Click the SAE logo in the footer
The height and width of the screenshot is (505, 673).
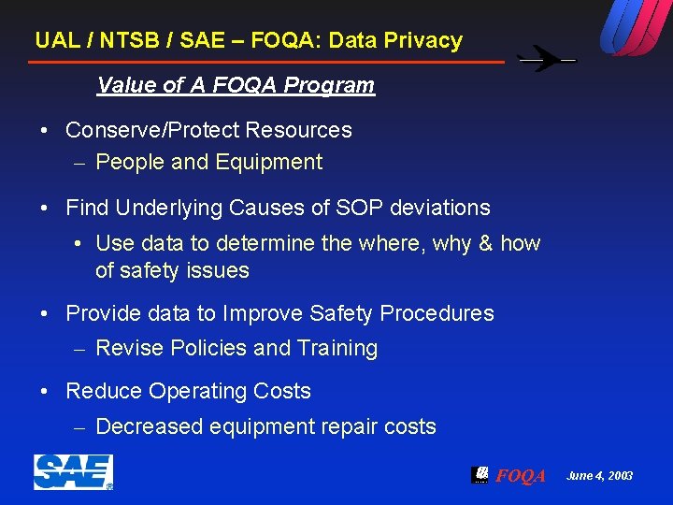point(73,472)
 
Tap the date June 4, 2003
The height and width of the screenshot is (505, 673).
point(599,476)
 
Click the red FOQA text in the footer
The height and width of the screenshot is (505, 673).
point(521,476)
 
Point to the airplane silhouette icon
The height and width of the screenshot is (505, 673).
point(547,59)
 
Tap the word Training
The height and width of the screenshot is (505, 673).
point(337,349)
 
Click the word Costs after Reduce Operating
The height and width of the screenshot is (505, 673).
point(280,391)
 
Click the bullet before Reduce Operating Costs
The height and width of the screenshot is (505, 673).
point(45,391)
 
